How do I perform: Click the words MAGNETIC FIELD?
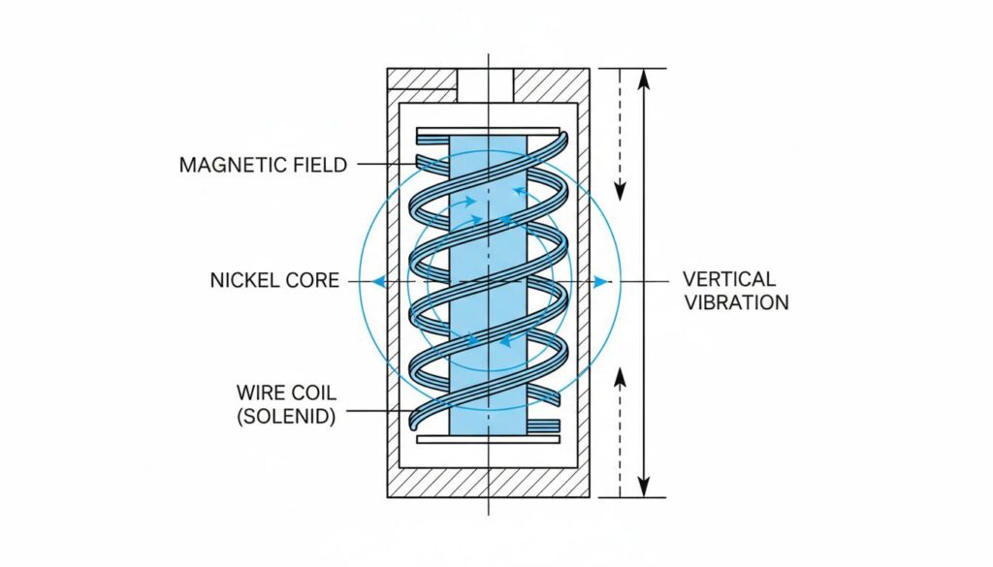[263, 165]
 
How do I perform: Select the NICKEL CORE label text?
[274, 281]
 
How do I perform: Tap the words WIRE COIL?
[285, 393]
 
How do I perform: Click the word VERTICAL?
[729, 279]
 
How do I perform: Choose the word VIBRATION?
[736, 302]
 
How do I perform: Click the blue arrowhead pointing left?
[378, 281]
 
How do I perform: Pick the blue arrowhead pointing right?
[602, 281]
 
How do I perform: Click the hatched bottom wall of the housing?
[488, 482]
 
